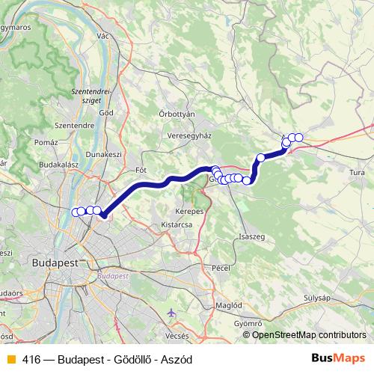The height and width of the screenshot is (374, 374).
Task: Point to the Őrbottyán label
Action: [177, 114]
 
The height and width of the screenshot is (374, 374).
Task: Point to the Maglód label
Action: [228, 305]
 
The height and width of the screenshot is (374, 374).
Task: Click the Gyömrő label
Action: [248, 323]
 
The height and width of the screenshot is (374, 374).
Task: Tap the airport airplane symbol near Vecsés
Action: [174, 311]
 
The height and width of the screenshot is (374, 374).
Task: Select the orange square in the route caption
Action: [10, 360]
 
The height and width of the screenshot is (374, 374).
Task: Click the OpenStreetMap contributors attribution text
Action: [309, 335]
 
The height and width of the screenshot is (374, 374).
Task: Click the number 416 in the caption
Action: [32, 360]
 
